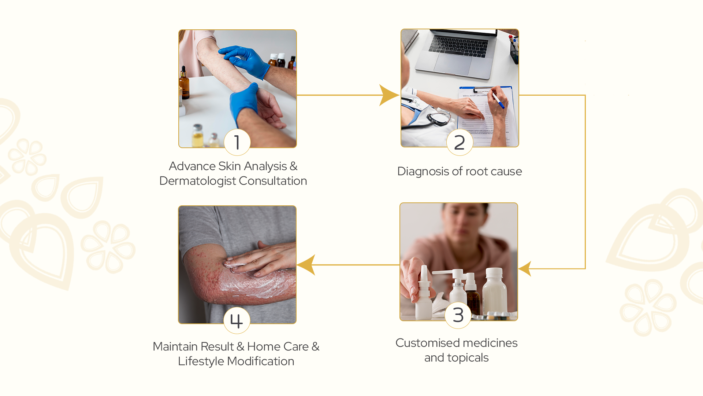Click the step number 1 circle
point(237,142)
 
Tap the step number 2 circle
point(460,142)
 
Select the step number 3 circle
point(458,315)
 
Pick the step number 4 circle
point(237,320)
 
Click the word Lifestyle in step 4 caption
point(201,362)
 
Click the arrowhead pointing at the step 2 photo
point(389,95)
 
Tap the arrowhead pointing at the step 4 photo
point(306,265)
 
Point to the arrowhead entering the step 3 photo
point(525,269)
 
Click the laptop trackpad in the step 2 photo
point(453,63)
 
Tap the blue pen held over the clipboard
point(498,100)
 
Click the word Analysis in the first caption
point(265,166)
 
